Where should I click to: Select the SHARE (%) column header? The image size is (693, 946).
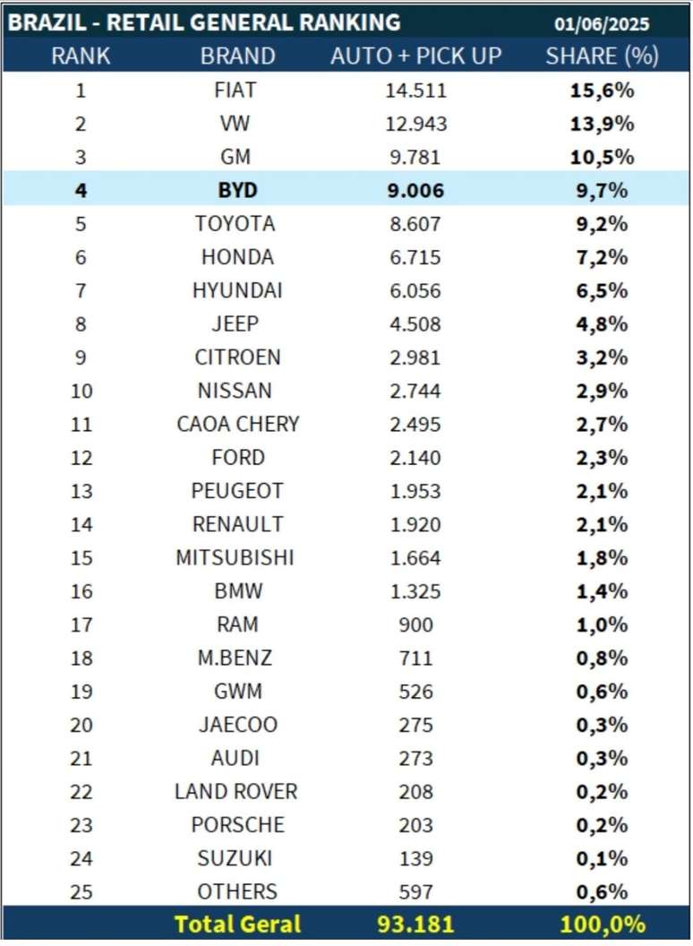point(602,56)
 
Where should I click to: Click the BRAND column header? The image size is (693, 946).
point(237,56)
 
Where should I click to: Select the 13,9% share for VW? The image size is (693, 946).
point(602,124)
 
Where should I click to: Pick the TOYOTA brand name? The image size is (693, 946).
point(235,223)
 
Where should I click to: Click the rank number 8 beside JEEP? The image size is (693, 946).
point(81,323)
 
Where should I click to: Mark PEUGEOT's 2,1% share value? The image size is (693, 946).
point(602,491)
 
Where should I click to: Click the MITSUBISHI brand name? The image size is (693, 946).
point(235,557)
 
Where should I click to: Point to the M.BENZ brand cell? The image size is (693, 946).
point(235,658)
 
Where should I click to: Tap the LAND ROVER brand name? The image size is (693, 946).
point(236,791)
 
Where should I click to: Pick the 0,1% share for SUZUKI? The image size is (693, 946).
point(602,858)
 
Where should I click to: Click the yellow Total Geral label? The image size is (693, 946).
point(238,924)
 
